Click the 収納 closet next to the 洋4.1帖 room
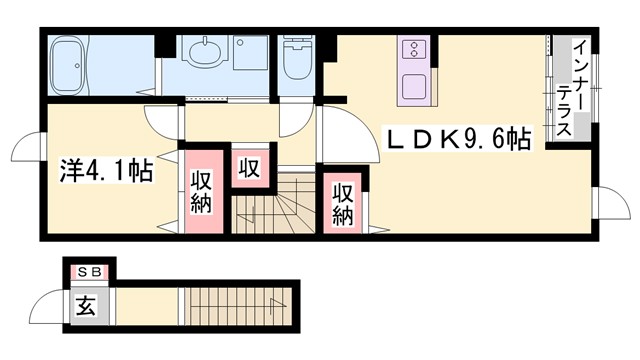coord(201,191)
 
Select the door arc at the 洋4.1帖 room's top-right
coord(161,117)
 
